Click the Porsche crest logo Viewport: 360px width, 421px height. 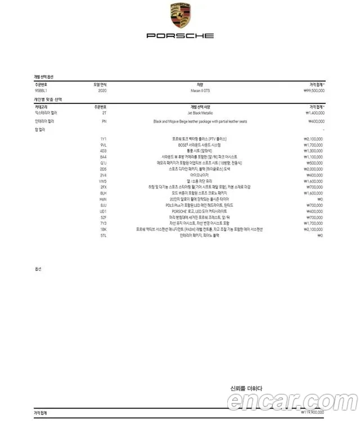(x=180, y=16)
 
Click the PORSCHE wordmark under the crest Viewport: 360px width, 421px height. (x=180, y=35)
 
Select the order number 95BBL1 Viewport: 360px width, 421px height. (x=42, y=90)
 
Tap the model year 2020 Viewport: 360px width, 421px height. (x=102, y=90)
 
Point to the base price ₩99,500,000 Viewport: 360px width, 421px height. (x=314, y=90)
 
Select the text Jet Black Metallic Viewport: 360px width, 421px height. (x=192, y=113)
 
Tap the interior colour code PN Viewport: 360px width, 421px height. (x=104, y=121)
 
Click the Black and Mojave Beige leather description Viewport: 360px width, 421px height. (x=192, y=121)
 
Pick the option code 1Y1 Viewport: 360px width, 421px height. (x=103, y=138)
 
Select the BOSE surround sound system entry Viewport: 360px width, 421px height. (x=192, y=144)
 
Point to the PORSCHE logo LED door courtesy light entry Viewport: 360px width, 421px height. (x=192, y=211)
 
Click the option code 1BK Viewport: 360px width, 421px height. (x=103, y=229)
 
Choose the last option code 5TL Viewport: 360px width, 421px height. (x=103, y=236)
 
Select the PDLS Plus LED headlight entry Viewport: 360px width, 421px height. (x=192, y=205)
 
